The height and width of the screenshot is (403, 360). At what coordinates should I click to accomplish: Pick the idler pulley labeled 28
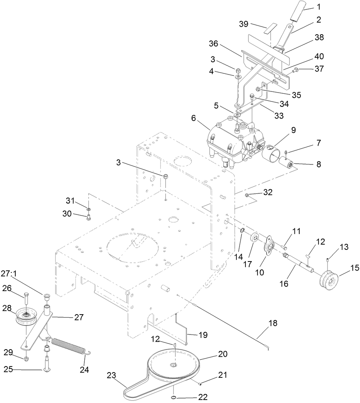[x=26, y=317]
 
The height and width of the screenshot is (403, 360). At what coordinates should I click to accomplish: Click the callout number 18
[x=273, y=323]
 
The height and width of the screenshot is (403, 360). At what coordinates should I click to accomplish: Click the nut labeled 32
[x=247, y=195]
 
